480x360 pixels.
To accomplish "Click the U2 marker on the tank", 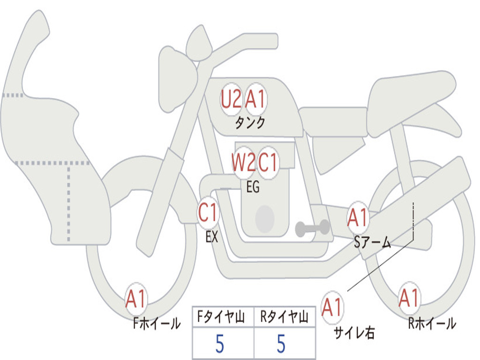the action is tap(231, 99).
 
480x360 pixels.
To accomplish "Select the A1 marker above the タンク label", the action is tap(256, 99).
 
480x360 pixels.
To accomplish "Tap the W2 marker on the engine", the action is tap(243, 163).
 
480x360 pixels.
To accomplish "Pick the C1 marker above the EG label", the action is tap(269, 163).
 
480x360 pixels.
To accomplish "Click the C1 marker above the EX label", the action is tap(208, 213).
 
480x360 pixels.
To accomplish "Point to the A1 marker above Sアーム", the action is tap(358, 217).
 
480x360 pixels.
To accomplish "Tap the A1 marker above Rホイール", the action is tap(409, 298).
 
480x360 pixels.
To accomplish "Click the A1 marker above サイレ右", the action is tap(332, 307).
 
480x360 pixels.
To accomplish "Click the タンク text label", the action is tap(250, 123).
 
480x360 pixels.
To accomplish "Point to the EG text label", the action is tap(253, 187).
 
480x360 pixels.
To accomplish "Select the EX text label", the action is tap(212, 237).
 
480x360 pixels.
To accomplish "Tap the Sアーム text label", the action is tap(372, 242).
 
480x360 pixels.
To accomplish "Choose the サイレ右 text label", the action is tap(354, 333).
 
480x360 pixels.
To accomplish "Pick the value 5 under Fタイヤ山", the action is tap(219, 345).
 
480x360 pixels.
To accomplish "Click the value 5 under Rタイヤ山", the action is tap(281, 345).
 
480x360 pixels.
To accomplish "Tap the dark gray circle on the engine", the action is tap(265, 219).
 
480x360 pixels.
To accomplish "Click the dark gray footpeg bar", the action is tap(313, 228).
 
